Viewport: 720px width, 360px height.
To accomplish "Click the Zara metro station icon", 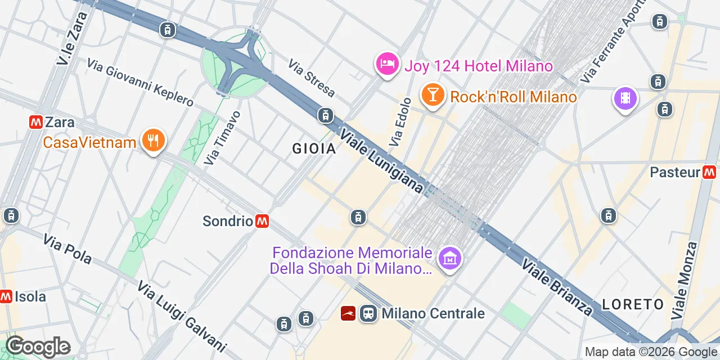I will tap(37, 122).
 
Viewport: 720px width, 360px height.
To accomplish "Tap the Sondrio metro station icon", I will tap(262, 221).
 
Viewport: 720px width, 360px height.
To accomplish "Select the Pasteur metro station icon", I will tap(709, 172).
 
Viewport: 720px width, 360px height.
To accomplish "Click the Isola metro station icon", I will tap(6, 296).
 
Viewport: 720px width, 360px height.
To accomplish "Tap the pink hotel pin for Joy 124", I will tap(387, 64).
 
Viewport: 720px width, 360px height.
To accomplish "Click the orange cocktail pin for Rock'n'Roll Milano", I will tap(432, 94).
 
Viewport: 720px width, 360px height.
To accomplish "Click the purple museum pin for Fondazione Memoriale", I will tap(450, 259).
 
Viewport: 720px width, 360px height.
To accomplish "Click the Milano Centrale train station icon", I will tap(368, 313).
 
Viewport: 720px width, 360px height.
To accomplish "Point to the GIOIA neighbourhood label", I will tap(314, 148).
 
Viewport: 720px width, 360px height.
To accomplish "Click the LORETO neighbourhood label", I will tap(633, 304).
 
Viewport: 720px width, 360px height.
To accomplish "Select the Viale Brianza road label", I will tap(557, 286).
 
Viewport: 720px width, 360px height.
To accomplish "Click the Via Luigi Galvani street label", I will tap(182, 316).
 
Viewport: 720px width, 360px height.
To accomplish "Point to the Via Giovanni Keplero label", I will tap(140, 82).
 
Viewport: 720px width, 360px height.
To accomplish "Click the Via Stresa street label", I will tap(312, 78).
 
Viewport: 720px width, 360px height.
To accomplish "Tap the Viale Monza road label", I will tap(686, 280).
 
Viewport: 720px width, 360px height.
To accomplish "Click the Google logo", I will tap(38, 346).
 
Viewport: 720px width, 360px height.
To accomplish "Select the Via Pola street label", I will tap(67, 249).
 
